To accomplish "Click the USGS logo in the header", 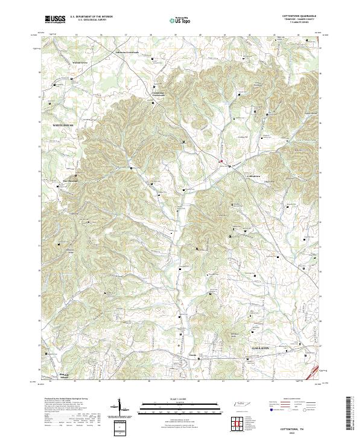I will point(55,19).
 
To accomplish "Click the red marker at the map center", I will point(221,161).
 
